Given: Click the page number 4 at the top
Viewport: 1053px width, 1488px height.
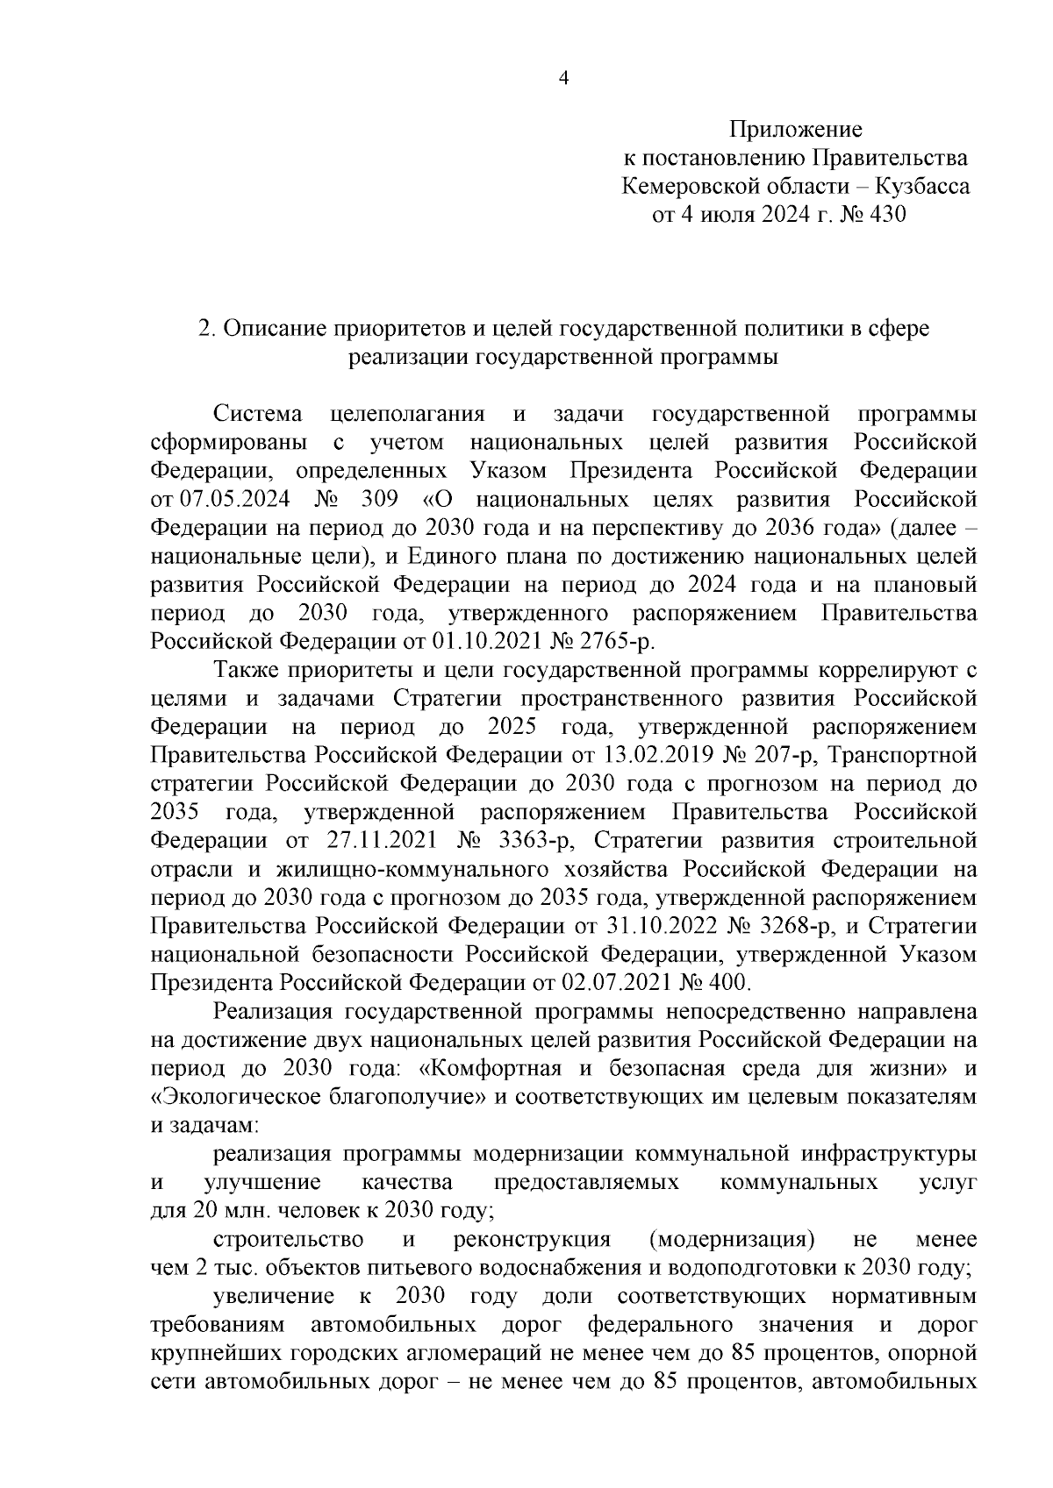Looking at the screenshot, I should click(564, 78).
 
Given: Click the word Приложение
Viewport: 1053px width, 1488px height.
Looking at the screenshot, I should click(796, 130).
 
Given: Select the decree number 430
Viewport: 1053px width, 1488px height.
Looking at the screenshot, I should click(885, 214).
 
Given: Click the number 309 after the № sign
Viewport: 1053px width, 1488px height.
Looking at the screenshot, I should click(379, 499).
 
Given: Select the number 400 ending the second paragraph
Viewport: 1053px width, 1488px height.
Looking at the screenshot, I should click(725, 983).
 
